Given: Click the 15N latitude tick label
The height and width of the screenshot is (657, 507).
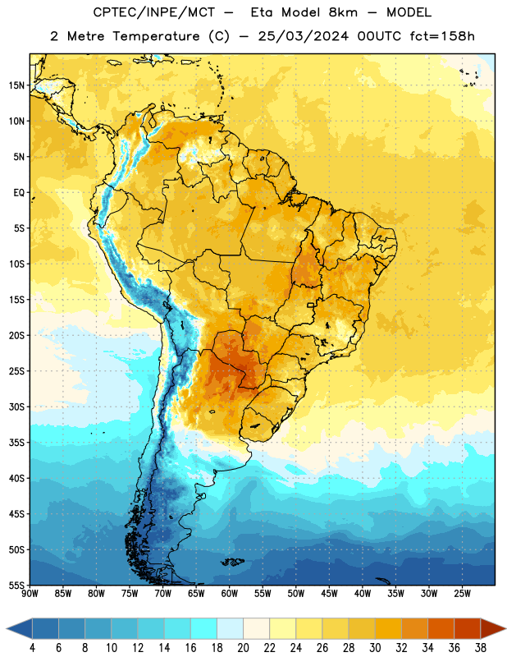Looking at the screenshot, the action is coord(16,85).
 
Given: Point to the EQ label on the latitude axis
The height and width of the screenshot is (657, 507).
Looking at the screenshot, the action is coord(19,193).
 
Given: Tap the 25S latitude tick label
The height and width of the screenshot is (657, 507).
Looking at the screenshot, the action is coord(16,371).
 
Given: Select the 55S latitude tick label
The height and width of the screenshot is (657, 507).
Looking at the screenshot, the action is coord(16,585).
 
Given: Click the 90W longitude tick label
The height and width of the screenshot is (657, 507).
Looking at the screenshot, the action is coord(30,594).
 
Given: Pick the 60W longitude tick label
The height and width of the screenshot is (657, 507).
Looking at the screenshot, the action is coord(230,594).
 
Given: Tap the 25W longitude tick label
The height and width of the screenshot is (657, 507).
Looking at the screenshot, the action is coord(462,594).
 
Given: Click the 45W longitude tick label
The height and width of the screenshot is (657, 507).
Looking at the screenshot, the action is coord(330,594).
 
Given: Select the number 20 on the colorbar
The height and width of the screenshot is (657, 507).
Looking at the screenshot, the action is coord(243,648).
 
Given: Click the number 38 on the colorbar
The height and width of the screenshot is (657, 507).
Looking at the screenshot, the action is coord(481,648).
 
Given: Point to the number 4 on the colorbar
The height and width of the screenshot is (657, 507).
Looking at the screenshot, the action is coord(32,648).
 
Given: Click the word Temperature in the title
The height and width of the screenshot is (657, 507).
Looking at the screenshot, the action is coord(156,36).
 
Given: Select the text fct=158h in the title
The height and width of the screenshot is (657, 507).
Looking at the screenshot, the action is coord(442,36).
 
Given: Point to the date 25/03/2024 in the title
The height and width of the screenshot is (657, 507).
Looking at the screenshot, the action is coord(303,36).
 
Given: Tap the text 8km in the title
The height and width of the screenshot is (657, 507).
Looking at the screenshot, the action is coord(343,12).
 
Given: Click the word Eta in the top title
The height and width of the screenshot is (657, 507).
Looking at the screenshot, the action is coord(261,12).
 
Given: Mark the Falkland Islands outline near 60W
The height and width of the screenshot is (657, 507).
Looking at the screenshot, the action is coord(233,562).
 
